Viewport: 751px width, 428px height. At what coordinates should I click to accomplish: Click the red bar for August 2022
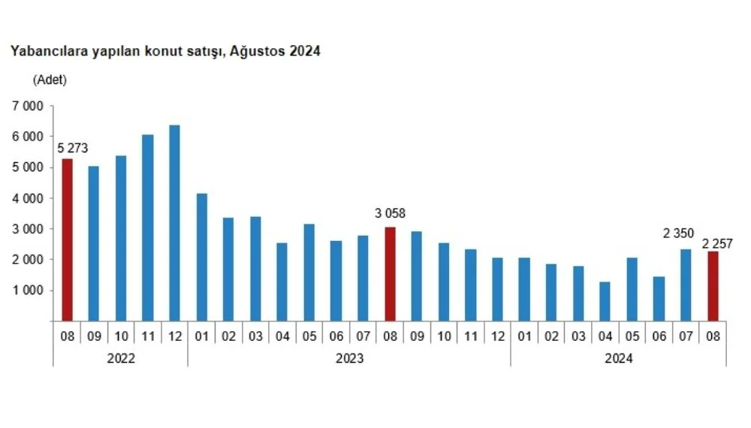67,240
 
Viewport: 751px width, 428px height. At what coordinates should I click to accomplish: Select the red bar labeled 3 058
390,273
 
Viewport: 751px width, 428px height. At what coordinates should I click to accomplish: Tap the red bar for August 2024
713,286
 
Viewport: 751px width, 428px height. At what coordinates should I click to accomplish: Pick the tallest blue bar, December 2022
174,223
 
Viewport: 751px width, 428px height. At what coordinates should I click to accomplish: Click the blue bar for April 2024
605,301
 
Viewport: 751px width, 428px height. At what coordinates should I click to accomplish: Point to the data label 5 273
71,148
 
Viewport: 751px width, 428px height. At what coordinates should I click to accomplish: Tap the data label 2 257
717,243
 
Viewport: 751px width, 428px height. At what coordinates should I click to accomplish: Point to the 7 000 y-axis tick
28,107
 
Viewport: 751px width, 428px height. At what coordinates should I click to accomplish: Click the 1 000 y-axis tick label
28,291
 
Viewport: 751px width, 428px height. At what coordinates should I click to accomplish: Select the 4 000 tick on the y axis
28,198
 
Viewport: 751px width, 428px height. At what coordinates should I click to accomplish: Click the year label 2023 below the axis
349,358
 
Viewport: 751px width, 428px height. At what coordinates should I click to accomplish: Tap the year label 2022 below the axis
121,358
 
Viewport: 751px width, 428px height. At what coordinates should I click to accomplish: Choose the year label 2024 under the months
618,358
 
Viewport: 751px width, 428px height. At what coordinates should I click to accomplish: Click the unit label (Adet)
50,80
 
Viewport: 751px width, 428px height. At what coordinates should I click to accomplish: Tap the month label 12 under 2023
497,336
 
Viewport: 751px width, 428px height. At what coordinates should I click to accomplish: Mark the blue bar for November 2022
147,228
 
